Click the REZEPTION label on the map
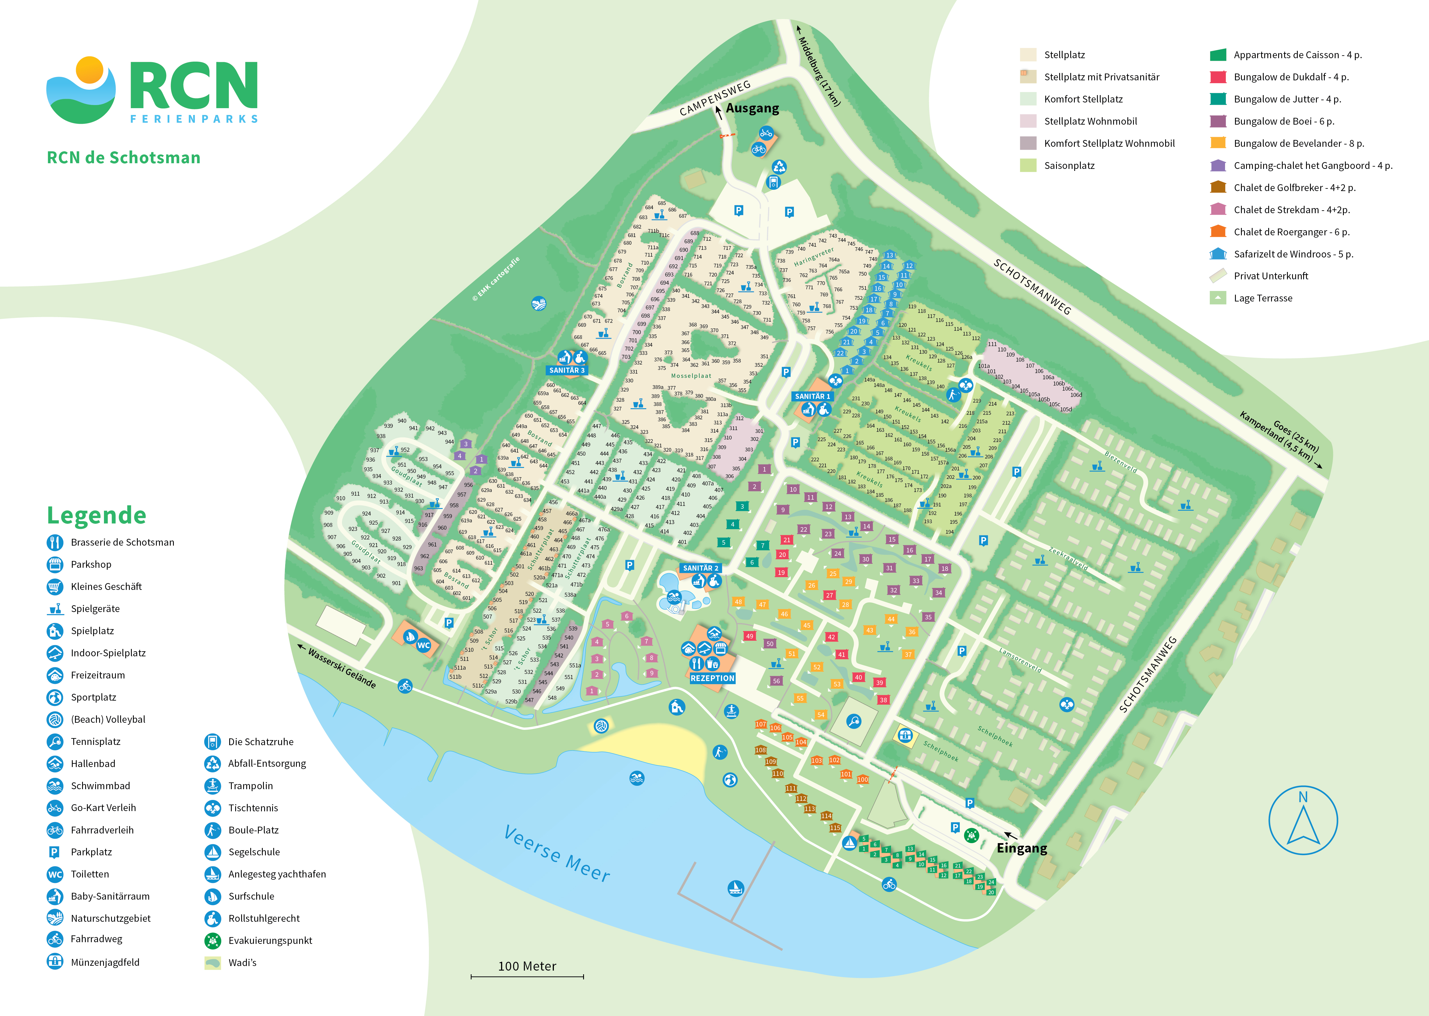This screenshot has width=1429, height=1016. tap(712, 678)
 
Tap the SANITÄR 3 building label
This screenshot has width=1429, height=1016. tap(566, 370)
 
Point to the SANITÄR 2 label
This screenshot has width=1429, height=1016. tap(700, 568)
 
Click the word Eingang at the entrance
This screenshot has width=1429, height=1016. tap(1021, 848)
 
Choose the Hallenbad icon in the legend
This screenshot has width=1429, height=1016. tap(55, 764)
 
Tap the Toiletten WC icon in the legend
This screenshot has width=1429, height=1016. tap(55, 875)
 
